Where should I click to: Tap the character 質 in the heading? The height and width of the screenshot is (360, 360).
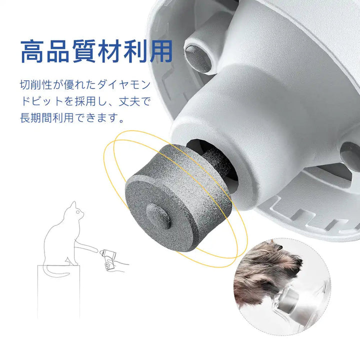pos(84,51)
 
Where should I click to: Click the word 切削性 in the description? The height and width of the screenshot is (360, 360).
pos(36,84)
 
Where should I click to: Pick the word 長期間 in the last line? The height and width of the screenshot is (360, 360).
pos(36,118)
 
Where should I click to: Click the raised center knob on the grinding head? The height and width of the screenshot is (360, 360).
pos(158,216)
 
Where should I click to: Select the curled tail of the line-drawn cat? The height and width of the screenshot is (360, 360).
pos(56,271)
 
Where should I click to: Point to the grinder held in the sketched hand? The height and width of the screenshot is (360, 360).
pos(108,258)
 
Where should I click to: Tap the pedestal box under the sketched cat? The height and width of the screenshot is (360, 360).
pos(59,292)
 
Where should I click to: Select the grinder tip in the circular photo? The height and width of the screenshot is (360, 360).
pos(289,301)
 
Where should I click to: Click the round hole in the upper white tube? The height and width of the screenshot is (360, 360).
pos(198,58)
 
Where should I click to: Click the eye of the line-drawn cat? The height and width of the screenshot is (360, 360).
pos(78,211)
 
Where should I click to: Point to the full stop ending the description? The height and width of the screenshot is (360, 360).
pos(121,121)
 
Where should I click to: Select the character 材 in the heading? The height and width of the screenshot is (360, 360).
pos(109,51)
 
